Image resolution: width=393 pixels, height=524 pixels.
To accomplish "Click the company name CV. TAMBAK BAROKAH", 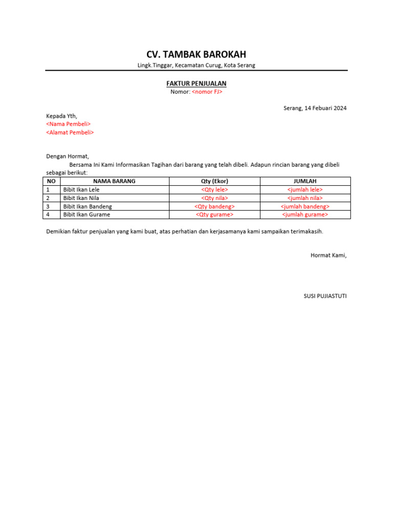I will [x=196, y=55].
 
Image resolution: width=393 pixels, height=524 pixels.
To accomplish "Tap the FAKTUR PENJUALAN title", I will [x=196, y=83].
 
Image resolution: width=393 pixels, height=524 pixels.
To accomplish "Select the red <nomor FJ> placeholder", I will [x=207, y=92].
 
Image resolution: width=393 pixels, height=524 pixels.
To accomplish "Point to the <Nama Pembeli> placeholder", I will [x=68, y=124].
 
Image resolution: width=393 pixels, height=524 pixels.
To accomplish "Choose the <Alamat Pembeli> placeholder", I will [x=70, y=133].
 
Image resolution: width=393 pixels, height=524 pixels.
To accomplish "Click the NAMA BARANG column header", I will [x=114, y=181].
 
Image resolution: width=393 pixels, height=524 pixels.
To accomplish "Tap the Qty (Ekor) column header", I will [x=214, y=181].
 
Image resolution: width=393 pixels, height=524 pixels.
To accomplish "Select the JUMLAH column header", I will [x=305, y=181].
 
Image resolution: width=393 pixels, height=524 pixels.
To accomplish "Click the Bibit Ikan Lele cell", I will [x=81, y=190].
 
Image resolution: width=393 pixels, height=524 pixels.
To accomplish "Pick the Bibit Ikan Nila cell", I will [x=81, y=198].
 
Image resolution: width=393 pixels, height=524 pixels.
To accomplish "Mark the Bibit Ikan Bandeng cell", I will [x=87, y=206].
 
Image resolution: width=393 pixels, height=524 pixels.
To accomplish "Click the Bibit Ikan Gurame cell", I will [x=86, y=214].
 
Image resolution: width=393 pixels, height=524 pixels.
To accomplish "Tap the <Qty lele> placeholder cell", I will [x=214, y=190].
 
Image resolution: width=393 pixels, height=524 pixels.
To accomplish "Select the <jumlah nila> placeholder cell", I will [x=305, y=198].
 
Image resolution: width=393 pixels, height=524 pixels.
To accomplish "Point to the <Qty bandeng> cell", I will [x=214, y=206].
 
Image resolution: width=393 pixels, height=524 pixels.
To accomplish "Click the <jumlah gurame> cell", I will [x=305, y=214].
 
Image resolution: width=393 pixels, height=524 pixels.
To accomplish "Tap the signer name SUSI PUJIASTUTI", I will [x=325, y=296].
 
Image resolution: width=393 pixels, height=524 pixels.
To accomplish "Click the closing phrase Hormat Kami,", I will [x=329, y=255].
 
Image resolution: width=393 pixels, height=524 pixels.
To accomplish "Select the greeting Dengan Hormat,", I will [x=68, y=157].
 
